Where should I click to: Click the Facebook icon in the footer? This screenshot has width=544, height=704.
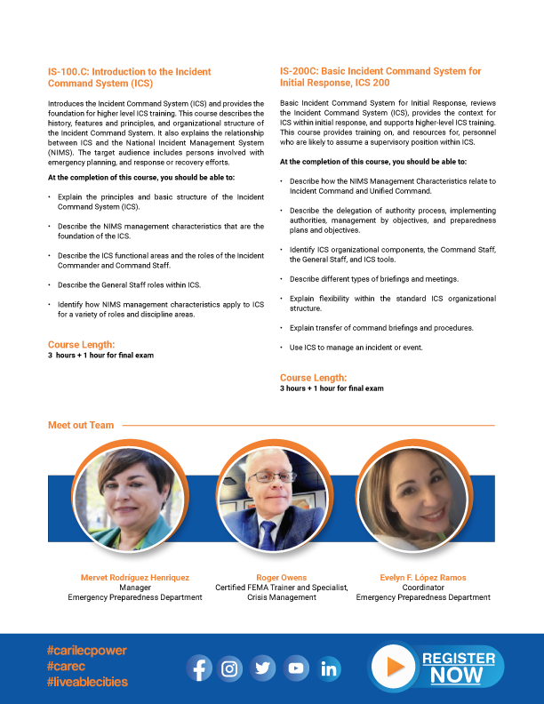pyautogui.click(x=200, y=668)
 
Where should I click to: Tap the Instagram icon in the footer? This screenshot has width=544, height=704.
pyautogui.click(x=231, y=668)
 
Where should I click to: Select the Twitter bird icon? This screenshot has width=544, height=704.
pyautogui.click(x=263, y=668)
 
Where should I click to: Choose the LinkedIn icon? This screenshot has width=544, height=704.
pyautogui.click(x=330, y=668)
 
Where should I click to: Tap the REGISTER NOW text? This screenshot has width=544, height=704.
pyautogui.click(x=459, y=667)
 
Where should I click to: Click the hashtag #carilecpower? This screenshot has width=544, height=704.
pyautogui.click(x=86, y=651)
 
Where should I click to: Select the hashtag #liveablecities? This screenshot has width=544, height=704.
pyautogui.click(x=87, y=682)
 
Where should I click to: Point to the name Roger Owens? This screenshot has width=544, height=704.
pyautogui.click(x=281, y=578)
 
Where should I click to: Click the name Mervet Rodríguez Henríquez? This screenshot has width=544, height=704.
pyautogui.click(x=135, y=578)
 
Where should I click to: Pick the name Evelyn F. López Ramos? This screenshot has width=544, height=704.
pyautogui.click(x=423, y=578)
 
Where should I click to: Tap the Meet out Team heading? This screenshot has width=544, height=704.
pyautogui.click(x=81, y=425)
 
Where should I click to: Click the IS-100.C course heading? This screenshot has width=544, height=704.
pyautogui.click(x=129, y=77)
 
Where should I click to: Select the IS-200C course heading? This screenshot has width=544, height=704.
pyautogui.click(x=380, y=77)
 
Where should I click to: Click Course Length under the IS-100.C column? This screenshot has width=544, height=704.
pyautogui.click(x=81, y=345)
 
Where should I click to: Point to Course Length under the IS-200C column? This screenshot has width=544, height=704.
pyautogui.click(x=313, y=378)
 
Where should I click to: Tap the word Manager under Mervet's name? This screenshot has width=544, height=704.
pyautogui.click(x=135, y=588)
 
